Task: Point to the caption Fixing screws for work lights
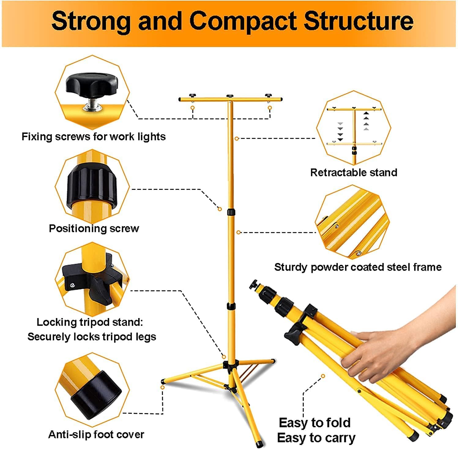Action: [x=93, y=137]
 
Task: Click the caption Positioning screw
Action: [x=94, y=228]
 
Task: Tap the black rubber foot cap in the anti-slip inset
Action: [x=96, y=395]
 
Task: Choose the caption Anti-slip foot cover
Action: [x=96, y=434]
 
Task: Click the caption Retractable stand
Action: [x=354, y=172]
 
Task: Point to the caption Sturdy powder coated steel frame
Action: [x=358, y=267]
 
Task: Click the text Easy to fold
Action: [x=315, y=423]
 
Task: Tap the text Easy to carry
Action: [x=316, y=438]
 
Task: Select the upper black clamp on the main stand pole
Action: [x=231, y=212]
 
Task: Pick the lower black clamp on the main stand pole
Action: [x=231, y=306]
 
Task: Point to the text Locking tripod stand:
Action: [x=90, y=322]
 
